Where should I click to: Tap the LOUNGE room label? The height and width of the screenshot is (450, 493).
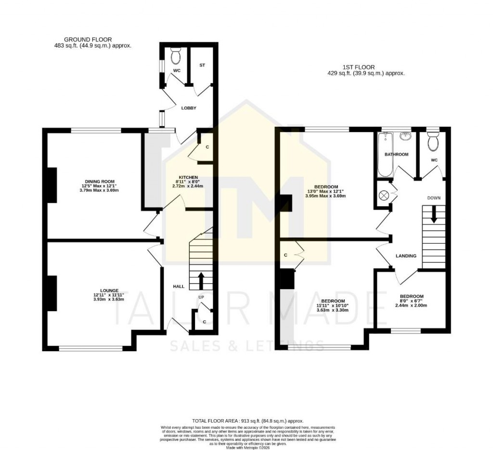[x=109, y=291]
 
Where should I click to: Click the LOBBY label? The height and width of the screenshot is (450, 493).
[x=189, y=108]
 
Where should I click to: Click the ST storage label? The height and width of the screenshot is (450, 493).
[x=202, y=65]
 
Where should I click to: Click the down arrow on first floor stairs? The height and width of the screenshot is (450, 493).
[x=434, y=214]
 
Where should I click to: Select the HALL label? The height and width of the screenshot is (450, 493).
[x=179, y=287]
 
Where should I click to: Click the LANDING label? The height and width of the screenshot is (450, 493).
[x=406, y=256]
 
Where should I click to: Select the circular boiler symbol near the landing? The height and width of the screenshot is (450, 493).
[x=384, y=195]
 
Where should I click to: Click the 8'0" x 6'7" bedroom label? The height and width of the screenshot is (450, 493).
[x=412, y=296]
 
